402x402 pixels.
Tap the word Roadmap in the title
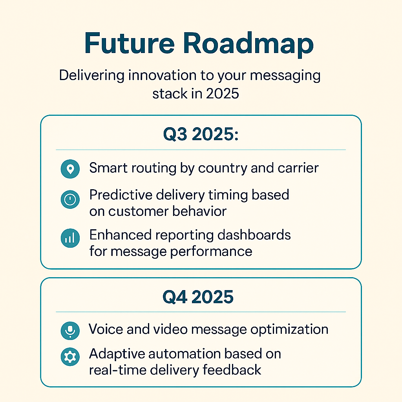pyautogui.click(x=248, y=44)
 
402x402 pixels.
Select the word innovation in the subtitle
pyautogui.click(x=163, y=75)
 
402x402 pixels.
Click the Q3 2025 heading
pyautogui.click(x=201, y=134)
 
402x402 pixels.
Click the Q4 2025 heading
pyautogui.click(x=198, y=297)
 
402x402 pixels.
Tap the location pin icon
pyautogui.click(x=70, y=169)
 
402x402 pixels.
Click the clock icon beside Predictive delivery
pyautogui.click(x=70, y=199)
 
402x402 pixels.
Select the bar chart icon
pyautogui.click(x=70, y=238)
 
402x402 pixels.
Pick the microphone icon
pyautogui.click(x=70, y=331)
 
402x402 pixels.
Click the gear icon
pyautogui.click(x=70, y=356)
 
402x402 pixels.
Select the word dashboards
pyautogui.click(x=254, y=235)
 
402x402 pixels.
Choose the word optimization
pyautogui.click(x=289, y=330)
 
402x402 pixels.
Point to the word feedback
pyautogui.click(x=232, y=370)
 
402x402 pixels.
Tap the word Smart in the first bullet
pyautogui.click(x=108, y=168)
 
